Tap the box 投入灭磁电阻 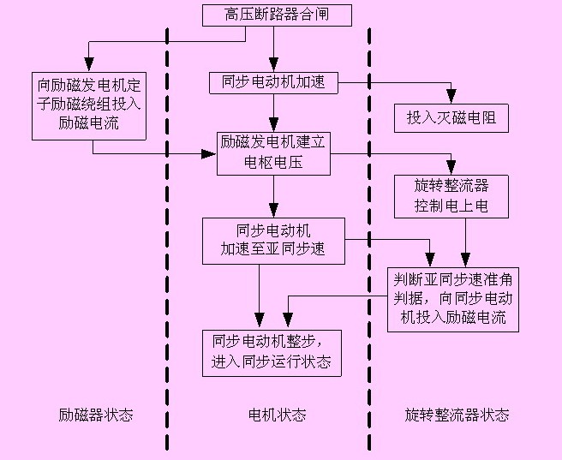(451, 118)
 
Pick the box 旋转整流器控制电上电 (451, 196)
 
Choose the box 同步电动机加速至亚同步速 (273, 241)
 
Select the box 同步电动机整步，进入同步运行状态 (271, 350)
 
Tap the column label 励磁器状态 (96, 415)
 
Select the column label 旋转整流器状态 (457, 415)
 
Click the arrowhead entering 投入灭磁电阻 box (451, 99)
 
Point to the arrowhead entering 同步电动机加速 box (273, 67)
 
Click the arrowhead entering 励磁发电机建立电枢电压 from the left (209, 154)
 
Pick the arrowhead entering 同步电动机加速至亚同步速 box (273, 212)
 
